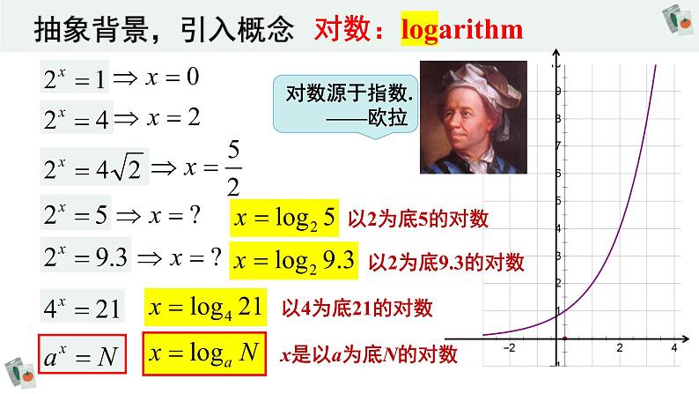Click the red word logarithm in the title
click(x=461, y=29)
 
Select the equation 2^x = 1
click(x=75, y=79)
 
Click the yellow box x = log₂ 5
click(x=283, y=219)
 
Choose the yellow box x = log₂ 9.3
click(x=293, y=261)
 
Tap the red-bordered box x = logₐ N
click(x=204, y=354)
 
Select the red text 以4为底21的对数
click(x=357, y=309)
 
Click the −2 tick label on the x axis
click(x=509, y=349)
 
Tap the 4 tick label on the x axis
click(x=673, y=349)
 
